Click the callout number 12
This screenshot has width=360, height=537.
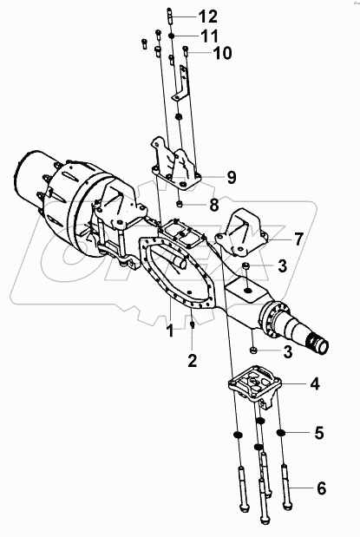tap(207, 16)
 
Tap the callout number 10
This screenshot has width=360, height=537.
tap(222, 53)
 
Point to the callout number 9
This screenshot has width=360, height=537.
tap(231, 177)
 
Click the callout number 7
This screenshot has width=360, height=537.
tap(297, 237)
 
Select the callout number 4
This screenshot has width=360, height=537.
tap(309, 382)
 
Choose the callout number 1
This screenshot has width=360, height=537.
tap(170, 329)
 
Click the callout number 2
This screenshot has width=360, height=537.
tap(192, 357)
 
